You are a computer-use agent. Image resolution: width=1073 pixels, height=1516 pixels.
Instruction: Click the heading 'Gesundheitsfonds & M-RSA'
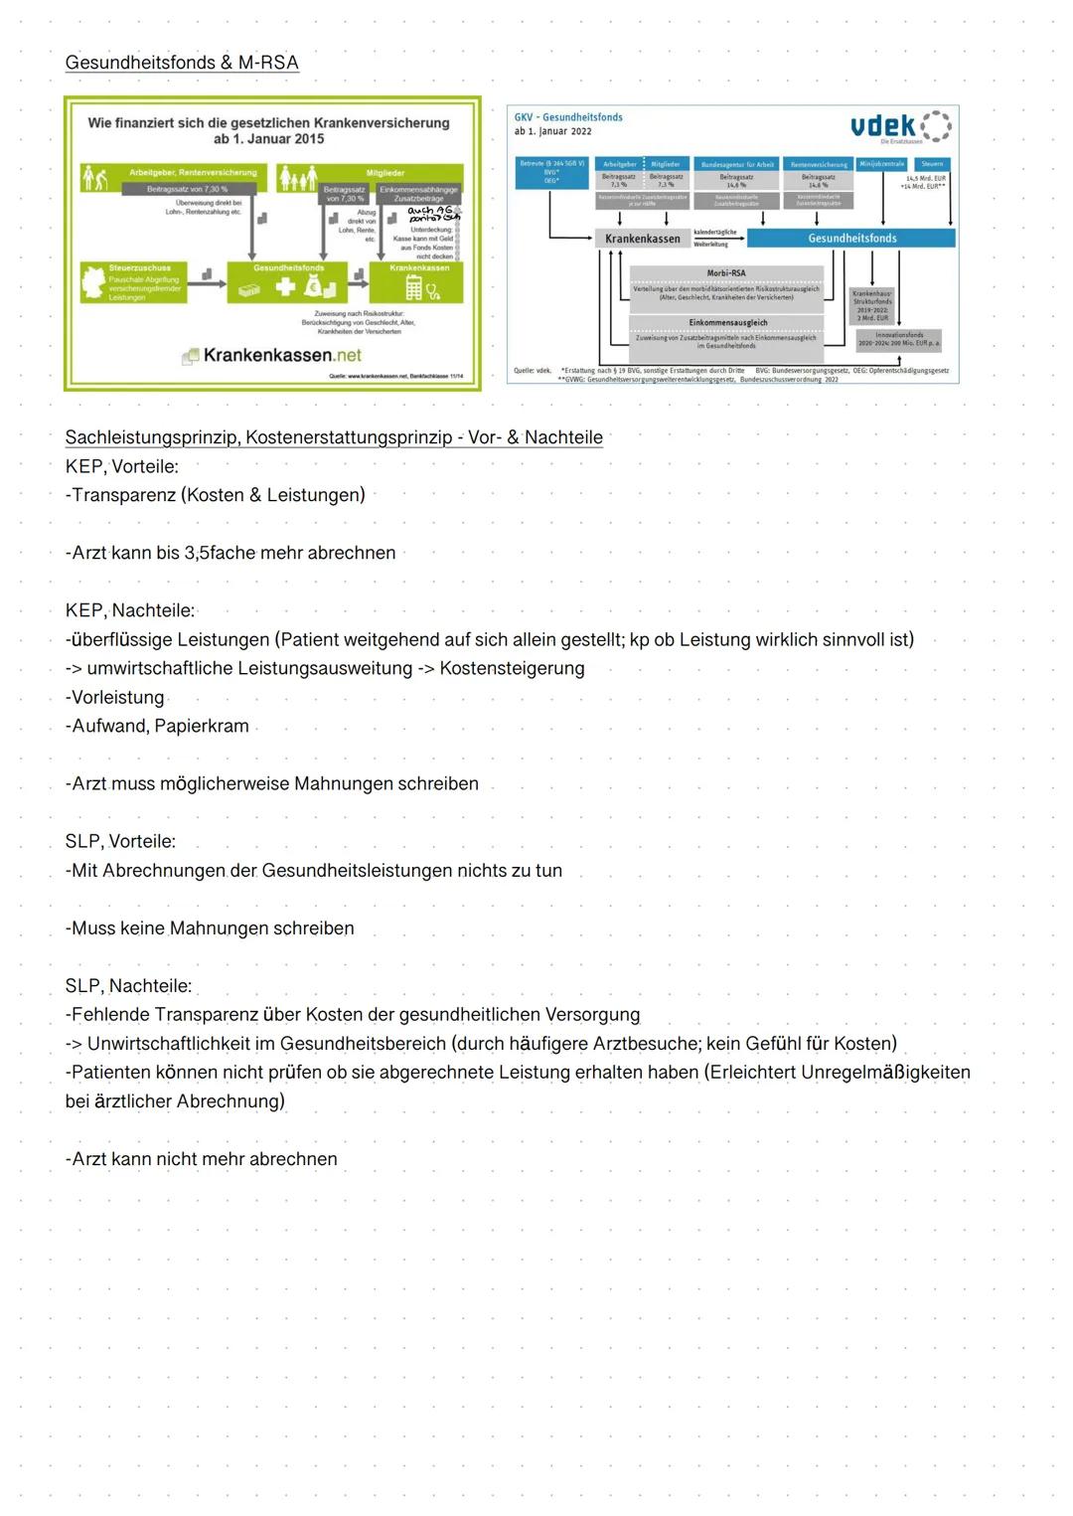(x=182, y=63)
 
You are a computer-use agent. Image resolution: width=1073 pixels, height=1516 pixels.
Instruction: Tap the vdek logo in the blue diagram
(x=900, y=126)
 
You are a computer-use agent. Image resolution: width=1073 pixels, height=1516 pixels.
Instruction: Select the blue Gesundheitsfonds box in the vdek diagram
(x=851, y=239)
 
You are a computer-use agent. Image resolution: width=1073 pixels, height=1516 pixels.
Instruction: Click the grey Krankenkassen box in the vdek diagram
(x=643, y=239)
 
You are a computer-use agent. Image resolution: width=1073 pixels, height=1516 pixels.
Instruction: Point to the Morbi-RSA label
(x=726, y=273)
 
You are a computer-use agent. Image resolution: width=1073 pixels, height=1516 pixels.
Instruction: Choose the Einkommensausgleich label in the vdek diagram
(x=727, y=323)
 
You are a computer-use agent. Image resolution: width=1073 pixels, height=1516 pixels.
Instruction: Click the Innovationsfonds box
(x=898, y=339)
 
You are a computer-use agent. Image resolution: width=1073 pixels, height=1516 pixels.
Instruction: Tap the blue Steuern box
(x=932, y=164)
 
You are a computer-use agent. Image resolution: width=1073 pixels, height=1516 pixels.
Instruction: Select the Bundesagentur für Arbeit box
(x=737, y=164)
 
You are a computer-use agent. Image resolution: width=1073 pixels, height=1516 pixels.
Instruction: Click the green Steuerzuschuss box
(x=133, y=282)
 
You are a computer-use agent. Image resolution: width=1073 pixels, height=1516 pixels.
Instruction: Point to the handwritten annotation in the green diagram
(x=434, y=215)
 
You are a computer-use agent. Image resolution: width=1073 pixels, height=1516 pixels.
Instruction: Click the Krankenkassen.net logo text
(x=281, y=355)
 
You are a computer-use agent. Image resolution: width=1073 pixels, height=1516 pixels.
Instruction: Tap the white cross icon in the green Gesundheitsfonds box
(x=285, y=287)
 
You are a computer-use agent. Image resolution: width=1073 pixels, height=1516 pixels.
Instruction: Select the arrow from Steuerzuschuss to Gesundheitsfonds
(x=207, y=283)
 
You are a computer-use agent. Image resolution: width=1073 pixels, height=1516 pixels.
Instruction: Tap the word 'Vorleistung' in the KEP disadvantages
(x=117, y=697)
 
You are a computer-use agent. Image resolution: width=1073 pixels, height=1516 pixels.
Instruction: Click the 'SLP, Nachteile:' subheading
(x=128, y=986)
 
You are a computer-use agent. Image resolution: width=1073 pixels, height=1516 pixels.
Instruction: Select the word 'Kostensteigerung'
(x=512, y=668)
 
